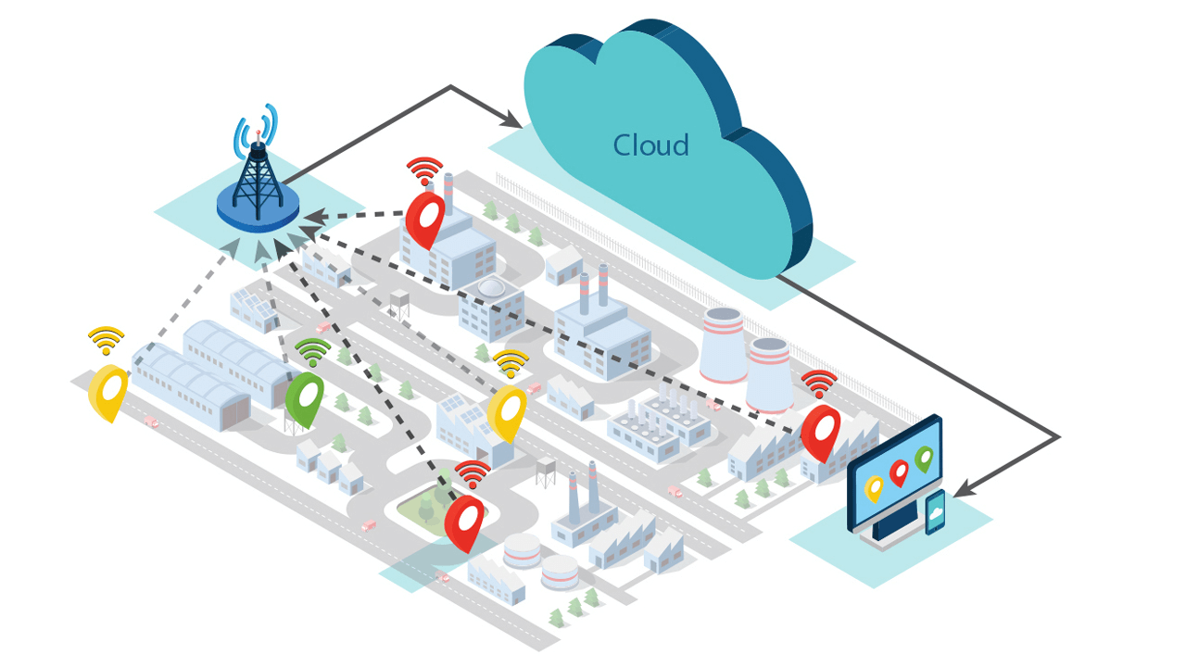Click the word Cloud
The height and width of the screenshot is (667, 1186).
click(x=650, y=145)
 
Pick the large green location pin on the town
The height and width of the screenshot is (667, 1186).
click(x=304, y=396)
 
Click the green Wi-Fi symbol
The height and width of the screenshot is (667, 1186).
click(x=312, y=353)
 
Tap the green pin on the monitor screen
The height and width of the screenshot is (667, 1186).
click(x=924, y=458)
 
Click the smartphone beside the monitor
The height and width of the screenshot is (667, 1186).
click(x=936, y=511)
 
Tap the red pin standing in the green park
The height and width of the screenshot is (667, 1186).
click(x=463, y=521)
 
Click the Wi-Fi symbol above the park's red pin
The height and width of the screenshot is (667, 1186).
click(x=473, y=474)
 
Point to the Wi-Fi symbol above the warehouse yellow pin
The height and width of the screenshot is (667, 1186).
click(x=107, y=341)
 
